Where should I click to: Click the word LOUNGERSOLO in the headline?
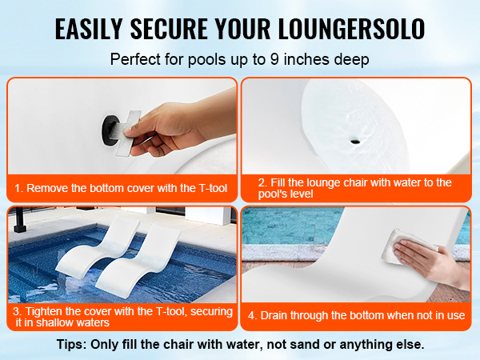click(352, 29)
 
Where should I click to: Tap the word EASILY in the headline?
click(89, 29)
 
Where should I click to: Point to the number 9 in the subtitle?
click(274, 58)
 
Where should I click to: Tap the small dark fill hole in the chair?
click(355, 141)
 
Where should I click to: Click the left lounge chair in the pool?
click(98, 248)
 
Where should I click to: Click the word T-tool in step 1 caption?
click(213, 188)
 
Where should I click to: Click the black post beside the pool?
click(20, 219)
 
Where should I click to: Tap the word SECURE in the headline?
click(168, 29)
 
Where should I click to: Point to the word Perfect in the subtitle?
click(136, 58)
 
